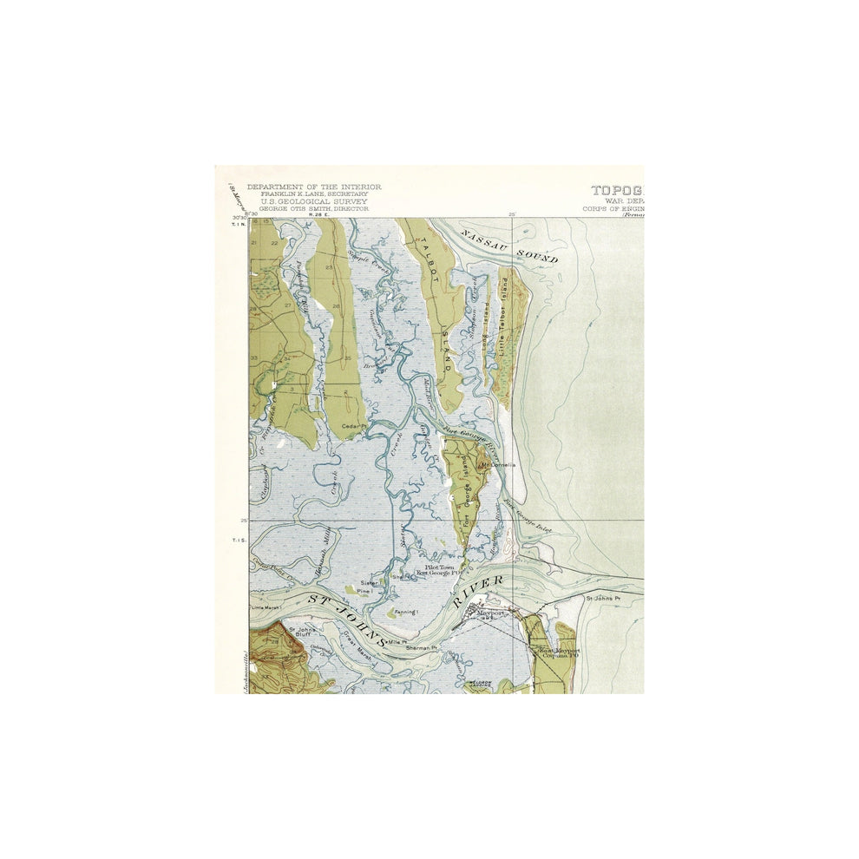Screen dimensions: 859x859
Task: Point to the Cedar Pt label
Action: pos(351,426)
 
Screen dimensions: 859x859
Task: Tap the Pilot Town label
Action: pos(439,567)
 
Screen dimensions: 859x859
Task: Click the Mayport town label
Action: pos(492,613)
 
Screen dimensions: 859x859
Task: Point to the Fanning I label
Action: pos(406,612)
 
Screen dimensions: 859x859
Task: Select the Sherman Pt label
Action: pos(422,647)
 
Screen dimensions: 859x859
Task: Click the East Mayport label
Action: pos(559,651)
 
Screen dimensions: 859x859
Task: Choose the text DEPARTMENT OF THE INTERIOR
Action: pos(313,187)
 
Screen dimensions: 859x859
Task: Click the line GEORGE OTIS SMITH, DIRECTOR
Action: pos(308,208)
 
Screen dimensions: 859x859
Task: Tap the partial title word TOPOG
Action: pos(617,189)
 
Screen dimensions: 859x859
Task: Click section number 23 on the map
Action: pos(329,268)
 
